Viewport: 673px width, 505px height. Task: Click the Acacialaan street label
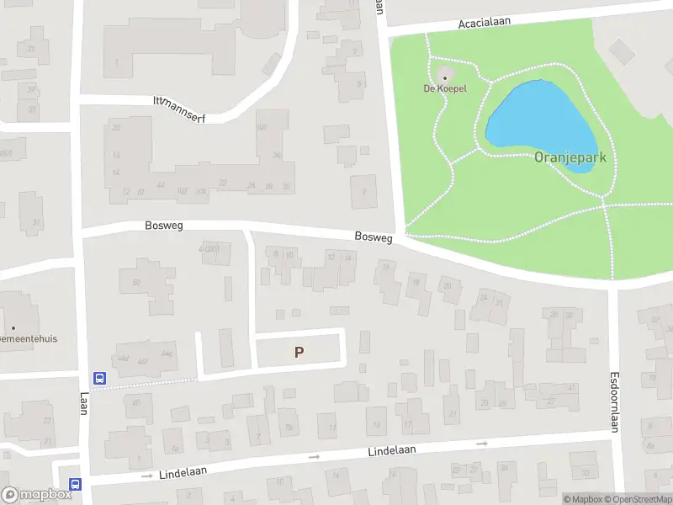click(x=485, y=24)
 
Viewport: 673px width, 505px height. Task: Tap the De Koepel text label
click(x=445, y=88)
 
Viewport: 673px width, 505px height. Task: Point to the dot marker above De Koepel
click(x=445, y=77)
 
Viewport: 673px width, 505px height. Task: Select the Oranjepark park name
click(x=570, y=157)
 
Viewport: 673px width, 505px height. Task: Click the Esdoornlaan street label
click(x=614, y=402)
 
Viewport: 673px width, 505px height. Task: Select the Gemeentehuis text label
click(x=29, y=338)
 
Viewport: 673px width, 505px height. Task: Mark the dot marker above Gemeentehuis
click(x=13, y=327)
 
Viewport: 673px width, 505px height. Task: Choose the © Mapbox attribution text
click(x=582, y=500)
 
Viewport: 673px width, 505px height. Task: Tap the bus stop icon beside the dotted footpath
click(x=99, y=379)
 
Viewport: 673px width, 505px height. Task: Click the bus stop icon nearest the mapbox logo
click(x=76, y=484)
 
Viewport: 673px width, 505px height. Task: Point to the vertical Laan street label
click(x=84, y=403)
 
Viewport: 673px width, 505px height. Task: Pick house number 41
click(x=573, y=387)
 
